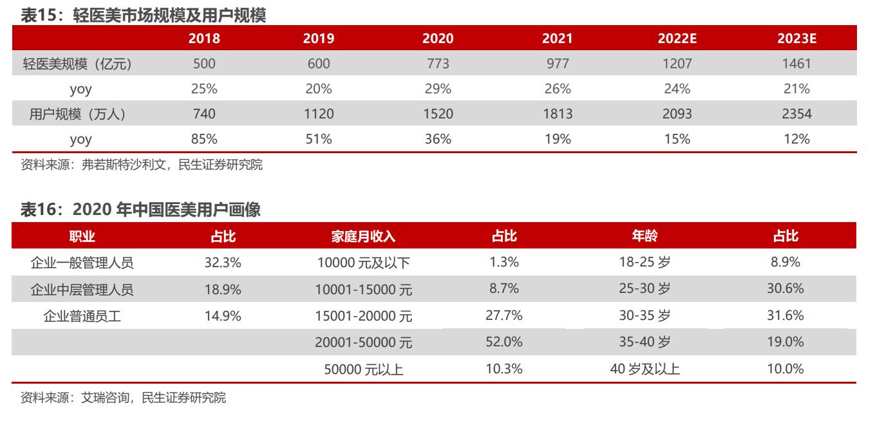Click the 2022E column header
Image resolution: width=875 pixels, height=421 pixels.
677,39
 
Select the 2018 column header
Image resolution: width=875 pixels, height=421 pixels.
204,39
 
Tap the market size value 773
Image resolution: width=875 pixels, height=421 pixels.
438,64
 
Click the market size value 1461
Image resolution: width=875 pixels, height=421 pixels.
796,64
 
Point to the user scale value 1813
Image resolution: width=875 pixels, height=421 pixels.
557,114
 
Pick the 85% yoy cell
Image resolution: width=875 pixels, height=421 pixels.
204,139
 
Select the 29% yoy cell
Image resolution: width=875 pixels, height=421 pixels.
438,89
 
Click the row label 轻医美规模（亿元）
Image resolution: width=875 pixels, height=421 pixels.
80,64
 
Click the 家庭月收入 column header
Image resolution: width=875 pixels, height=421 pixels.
363,236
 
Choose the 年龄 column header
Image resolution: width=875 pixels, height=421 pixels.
644,236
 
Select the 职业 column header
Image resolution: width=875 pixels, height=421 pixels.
82,236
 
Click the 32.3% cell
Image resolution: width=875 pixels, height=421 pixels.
223,263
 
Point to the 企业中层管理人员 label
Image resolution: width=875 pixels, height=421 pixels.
82,290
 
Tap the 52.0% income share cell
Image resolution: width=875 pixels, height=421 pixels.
504,342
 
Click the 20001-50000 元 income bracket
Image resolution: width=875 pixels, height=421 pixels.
363,342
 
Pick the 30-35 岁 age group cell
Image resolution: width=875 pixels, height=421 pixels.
644,315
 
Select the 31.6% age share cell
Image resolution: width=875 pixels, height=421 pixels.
785,315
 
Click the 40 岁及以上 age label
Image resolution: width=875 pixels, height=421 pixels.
644,369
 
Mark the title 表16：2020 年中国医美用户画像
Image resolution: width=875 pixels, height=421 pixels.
140,210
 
